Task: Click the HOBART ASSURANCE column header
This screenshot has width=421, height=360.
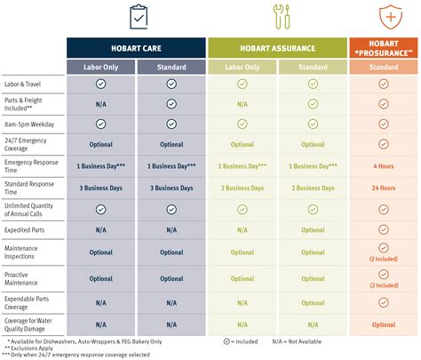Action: tap(277, 48)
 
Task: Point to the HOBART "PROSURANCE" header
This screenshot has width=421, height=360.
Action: tap(384, 48)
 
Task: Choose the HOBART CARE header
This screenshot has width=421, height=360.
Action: tap(136, 48)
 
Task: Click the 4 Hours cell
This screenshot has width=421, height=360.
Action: tap(384, 165)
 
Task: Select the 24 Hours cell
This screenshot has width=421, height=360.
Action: tap(384, 188)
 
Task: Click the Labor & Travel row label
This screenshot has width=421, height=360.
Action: tap(23, 84)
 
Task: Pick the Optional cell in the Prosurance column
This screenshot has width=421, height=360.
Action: tap(384, 324)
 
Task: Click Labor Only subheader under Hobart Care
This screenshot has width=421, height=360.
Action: tap(100, 66)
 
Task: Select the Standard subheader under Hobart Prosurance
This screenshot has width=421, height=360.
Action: tap(384, 66)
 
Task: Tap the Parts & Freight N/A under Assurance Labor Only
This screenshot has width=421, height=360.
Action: tap(242, 103)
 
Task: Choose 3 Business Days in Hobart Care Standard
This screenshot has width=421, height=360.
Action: tap(171, 188)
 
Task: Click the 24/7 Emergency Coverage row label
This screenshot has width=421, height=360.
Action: tap(28, 144)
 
